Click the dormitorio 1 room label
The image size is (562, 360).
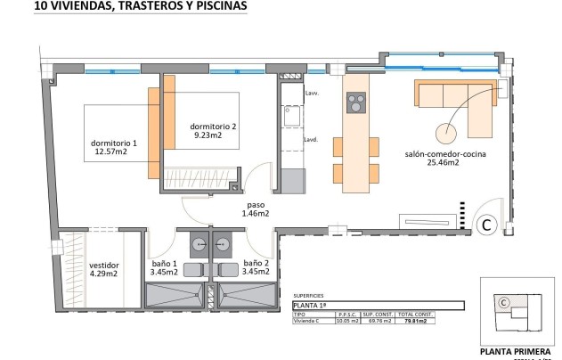(x=115, y=143)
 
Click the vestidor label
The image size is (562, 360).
(x=105, y=265)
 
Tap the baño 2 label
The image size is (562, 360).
(x=257, y=265)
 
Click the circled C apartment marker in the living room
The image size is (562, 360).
(x=487, y=225)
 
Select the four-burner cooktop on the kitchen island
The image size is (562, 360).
(x=355, y=104)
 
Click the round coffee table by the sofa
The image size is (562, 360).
(x=444, y=132)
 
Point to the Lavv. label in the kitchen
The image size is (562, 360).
(x=312, y=94)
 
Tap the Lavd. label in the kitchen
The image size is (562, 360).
(x=312, y=140)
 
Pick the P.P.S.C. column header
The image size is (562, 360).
(x=347, y=315)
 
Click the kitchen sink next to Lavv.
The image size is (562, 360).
(x=290, y=116)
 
